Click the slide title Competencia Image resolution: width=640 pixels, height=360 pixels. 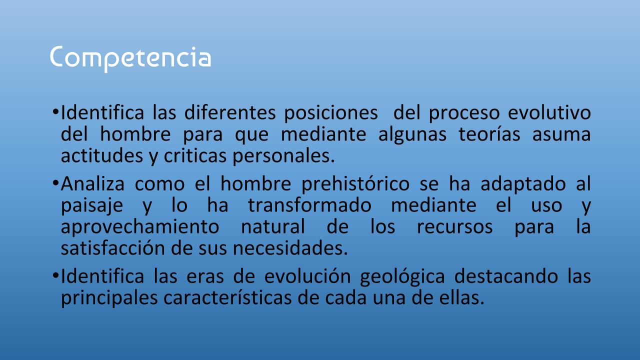[130, 59]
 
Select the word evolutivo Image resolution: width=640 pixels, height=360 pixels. [549, 112]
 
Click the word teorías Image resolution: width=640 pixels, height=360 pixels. [489, 134]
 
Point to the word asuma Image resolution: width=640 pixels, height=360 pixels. [561, 135]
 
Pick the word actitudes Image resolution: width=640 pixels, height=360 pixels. [102, 155]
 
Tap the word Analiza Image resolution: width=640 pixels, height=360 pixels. [92, 183]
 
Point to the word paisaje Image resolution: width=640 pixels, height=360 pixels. [92, 206]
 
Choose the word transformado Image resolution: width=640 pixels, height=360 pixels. [309, 205]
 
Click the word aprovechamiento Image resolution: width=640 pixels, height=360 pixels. [140, 227]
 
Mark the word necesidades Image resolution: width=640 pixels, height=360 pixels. [290, 248]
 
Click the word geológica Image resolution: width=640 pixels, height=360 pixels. [402, 277]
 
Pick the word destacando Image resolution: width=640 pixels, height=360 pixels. [506, 276]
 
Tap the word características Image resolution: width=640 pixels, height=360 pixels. [227, 297]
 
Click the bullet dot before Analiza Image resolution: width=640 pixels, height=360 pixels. [55, 183]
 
